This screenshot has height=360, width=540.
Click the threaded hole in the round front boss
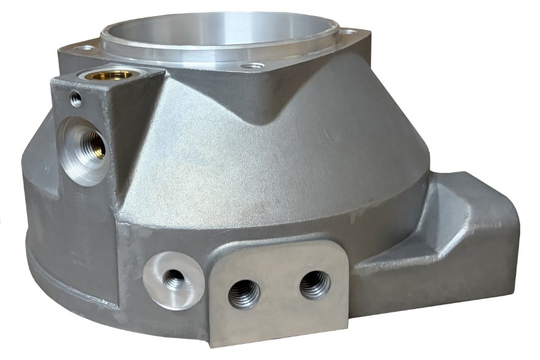174,279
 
